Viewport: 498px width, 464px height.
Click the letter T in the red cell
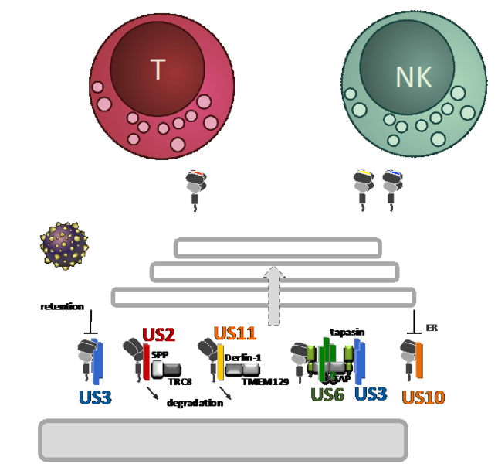[158, 70]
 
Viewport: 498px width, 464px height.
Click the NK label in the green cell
[413, 77]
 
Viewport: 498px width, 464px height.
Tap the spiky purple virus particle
[65, 246]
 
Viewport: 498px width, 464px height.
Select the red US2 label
[159, 336]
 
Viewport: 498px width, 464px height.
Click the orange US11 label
[235, 333]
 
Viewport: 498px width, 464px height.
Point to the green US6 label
[327, 394]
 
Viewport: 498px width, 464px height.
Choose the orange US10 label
[424, 398]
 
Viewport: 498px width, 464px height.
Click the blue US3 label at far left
[94, 398]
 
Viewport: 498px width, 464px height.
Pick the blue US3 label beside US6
[370, 393]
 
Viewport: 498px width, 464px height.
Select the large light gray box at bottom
[223, 440]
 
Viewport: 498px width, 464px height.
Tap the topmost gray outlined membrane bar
[278, 247]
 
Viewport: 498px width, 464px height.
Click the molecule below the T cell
[195, 186]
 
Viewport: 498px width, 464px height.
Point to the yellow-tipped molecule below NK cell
[364, 186]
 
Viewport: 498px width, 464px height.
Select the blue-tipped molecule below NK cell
[392, 186]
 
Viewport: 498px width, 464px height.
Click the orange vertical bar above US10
[419, 360]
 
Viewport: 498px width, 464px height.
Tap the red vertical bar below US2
[147, 362]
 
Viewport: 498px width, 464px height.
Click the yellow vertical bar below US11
[220, 362]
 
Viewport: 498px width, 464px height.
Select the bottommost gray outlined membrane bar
[263, 297]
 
